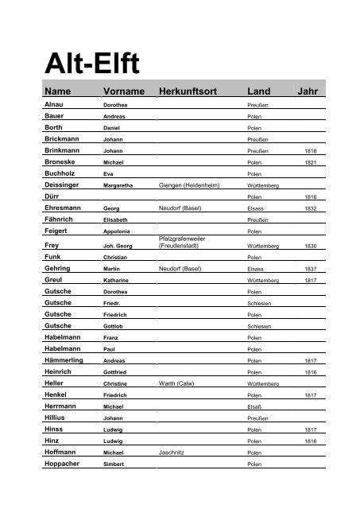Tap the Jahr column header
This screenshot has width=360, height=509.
click(x=307, y=91)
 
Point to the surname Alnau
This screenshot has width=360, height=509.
click(x=55, y=104)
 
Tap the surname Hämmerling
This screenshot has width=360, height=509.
click(x=66, y=360)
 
